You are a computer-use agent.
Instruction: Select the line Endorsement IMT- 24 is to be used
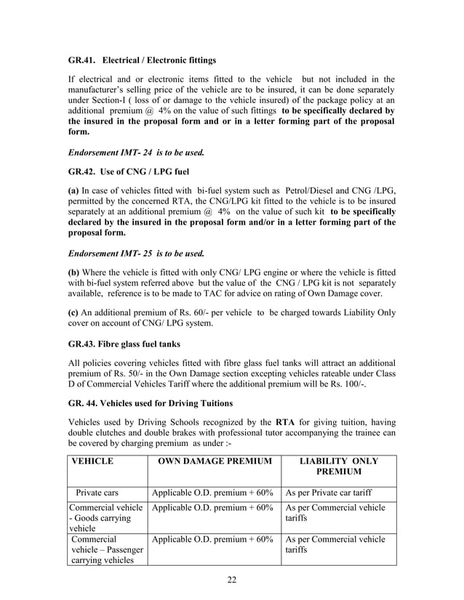click(136, 153)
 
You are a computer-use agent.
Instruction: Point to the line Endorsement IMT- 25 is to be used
click(136, 254)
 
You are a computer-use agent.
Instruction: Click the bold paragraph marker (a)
click(74, 191)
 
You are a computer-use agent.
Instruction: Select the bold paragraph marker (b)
click(74, 272)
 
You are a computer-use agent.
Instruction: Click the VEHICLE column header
click(92, 461)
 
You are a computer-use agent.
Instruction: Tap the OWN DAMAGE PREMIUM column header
click(215, 461)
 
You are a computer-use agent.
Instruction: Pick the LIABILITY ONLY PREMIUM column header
click(339, 466)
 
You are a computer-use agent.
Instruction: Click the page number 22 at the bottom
click(232, 579)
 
